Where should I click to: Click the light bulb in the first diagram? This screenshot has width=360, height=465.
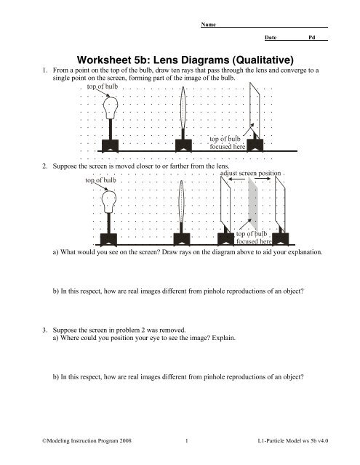coord(111,108)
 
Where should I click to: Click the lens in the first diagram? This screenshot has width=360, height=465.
coord(183,108)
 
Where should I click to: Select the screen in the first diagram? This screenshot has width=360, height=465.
coord(255,110)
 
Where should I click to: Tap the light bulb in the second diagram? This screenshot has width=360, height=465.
coord(108,202)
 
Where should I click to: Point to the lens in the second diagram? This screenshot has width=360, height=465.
coord(181,201)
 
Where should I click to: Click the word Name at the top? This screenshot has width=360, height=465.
coord(208,24)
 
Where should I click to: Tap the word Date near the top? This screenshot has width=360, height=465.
coord(271,37)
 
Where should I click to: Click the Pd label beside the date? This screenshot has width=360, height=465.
coord(311,37)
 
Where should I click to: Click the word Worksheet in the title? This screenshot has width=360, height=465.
coord(103,60)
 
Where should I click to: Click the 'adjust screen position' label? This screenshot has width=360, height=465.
coord(250,173)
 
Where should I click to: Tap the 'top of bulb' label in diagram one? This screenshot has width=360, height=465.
coord(103,86)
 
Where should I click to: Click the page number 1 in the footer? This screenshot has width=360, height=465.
coord(186,441)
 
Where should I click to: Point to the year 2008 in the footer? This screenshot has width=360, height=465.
coord(125,441)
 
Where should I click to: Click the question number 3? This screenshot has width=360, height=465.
coord(44,330)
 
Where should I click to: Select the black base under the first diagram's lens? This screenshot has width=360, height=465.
coord(183,145)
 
